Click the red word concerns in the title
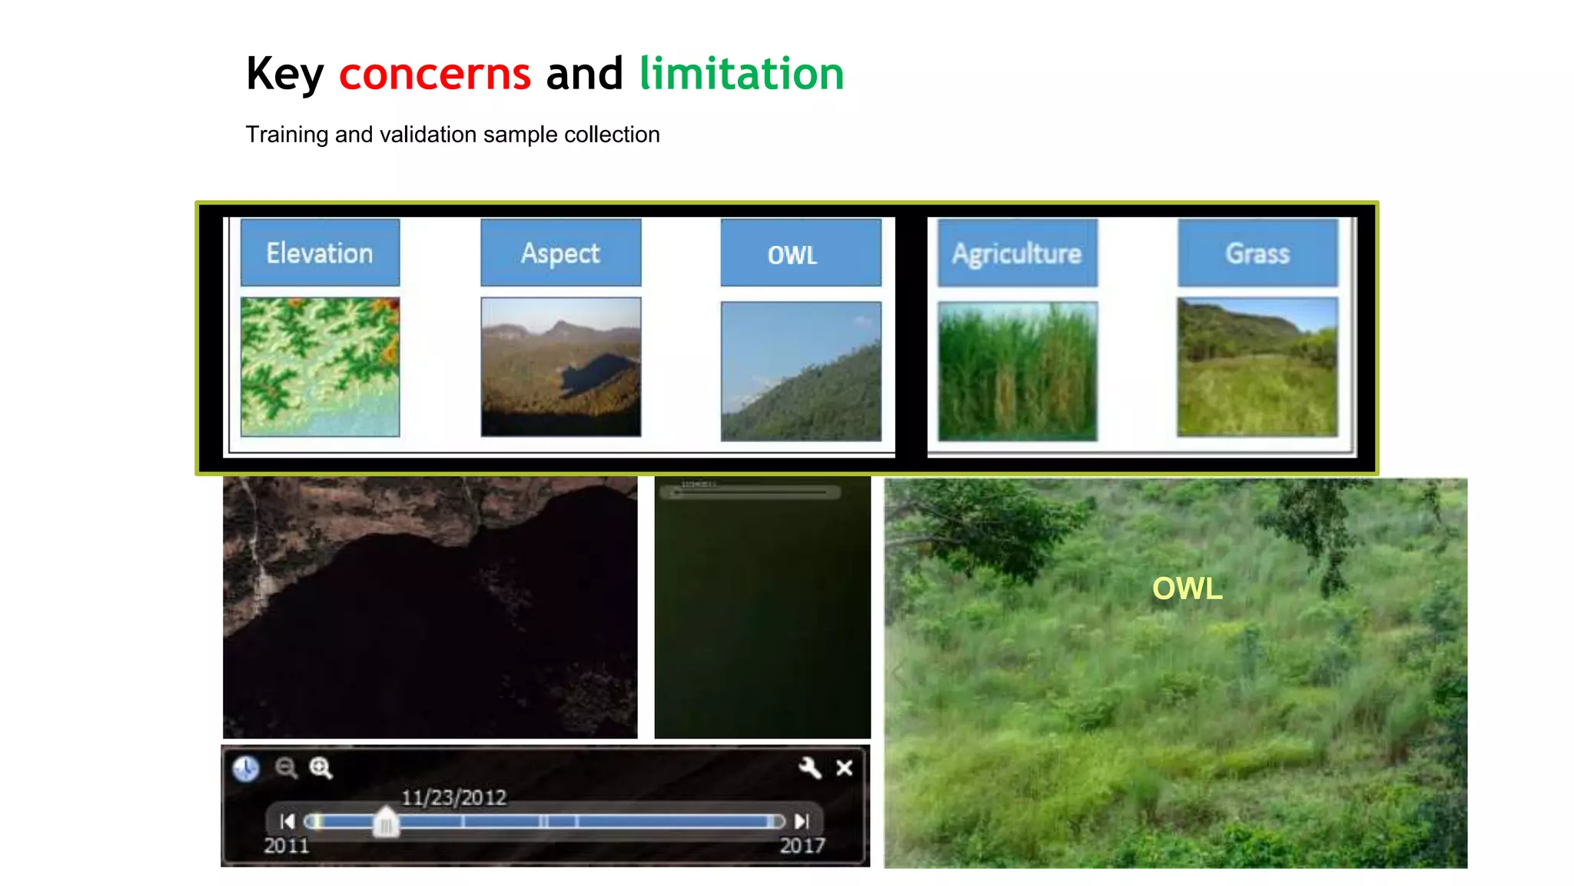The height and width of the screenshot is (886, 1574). click(x=434, y=74)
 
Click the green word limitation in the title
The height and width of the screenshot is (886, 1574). click(x=741, y=74)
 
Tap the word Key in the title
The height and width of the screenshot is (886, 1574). click(x=285, y=75)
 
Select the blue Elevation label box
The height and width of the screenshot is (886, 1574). click(x=320, y=253)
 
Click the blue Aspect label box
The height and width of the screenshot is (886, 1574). click(x=560, y=253)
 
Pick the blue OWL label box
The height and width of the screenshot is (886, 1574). click(x=800, y=254)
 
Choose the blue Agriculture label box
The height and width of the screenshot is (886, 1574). click(x=1017, y=253)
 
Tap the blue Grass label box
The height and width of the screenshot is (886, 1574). click(x=1257, y=253)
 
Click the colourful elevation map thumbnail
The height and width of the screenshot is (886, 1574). click(x=320, y=367)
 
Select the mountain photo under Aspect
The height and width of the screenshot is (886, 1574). click(x=560, y=367)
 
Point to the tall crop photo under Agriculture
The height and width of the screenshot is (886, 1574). click(x=1017, y=371)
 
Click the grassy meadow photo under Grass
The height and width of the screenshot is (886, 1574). click(x=1257, y=367)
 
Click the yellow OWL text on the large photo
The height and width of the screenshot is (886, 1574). click(x=1187, y=589)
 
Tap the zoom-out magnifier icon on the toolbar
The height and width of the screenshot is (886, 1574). click(x=286, y=768)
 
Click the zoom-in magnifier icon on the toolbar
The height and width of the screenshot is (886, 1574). click(x=320, y=768)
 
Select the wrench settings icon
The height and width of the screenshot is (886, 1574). click(x=809, y=768)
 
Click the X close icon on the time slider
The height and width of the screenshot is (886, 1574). click(x=844, y=768)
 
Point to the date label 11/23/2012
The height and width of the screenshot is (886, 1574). click(x=454, y=798)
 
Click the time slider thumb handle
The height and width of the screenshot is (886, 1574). click(x=386, y=822)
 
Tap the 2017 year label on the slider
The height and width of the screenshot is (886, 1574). click(x=802, y=846)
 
